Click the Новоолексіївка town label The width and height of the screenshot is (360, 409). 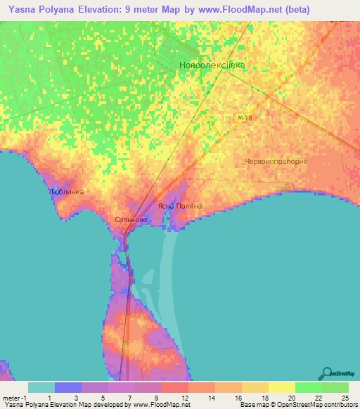point(212,65)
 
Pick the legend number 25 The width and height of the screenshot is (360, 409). point(344,398)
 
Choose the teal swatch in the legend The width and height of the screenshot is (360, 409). point(41,387)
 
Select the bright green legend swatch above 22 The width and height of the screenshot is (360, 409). point(309,387)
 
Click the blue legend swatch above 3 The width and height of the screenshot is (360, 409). point(67,387)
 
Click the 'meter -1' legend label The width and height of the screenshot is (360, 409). point(14,398)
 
